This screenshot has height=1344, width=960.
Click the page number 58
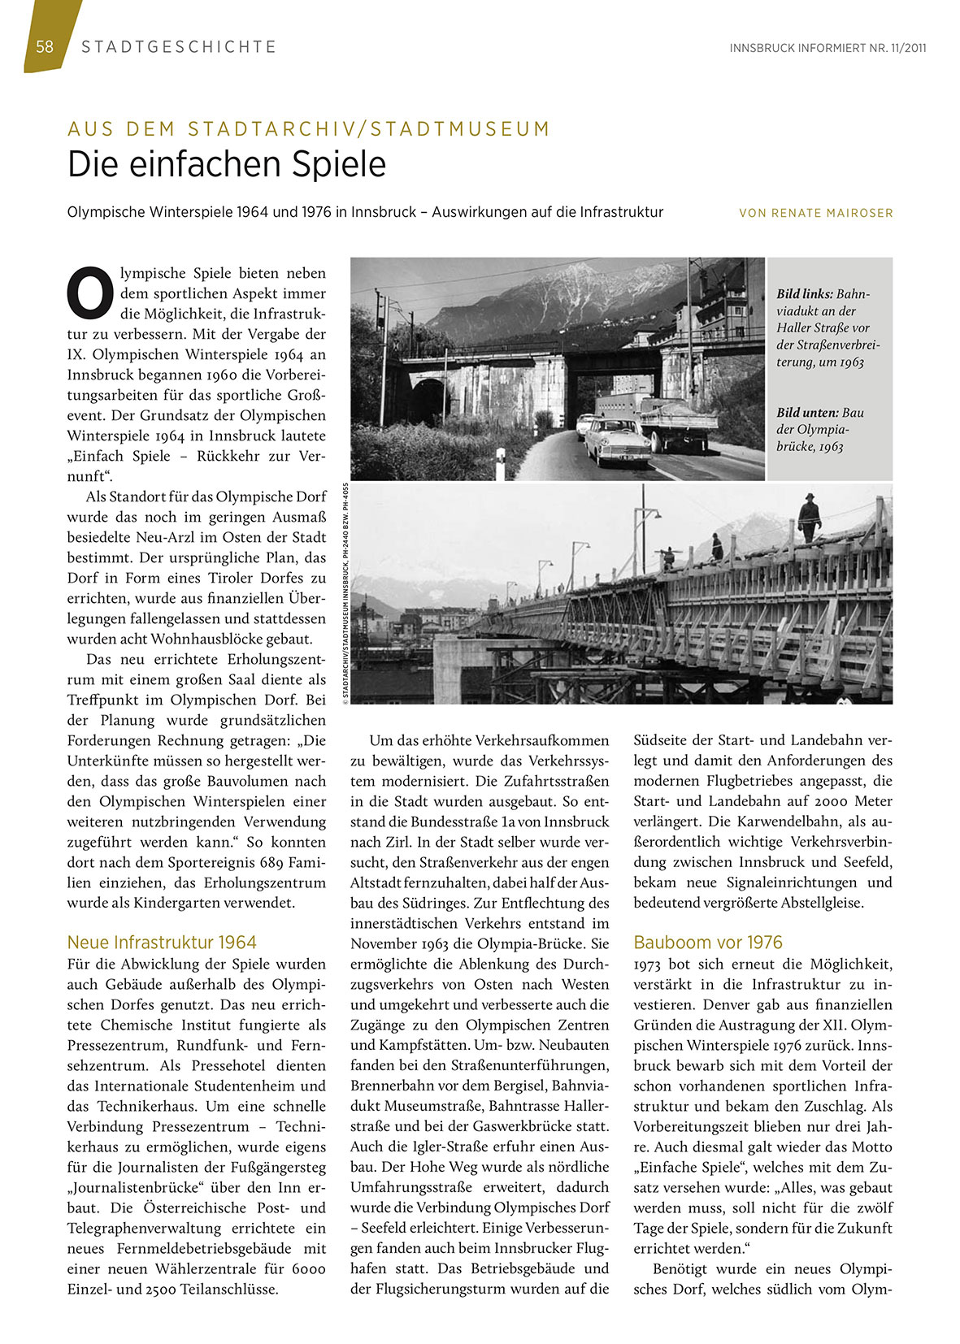tap(45, 47)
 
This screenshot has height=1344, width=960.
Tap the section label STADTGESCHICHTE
tap(179, 47)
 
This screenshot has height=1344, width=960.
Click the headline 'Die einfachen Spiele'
tap(227, 165)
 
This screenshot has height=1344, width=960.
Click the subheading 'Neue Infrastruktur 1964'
tap(162, 943)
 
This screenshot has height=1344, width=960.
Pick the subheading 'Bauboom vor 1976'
tap(707, 943)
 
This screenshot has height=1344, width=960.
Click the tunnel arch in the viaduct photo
tap(428, 398)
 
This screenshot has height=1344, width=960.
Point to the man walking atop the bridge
tap(809, 518)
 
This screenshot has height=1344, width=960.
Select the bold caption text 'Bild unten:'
tap(807, 413)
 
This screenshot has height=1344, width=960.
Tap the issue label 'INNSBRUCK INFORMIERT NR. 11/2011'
tap(828, 48)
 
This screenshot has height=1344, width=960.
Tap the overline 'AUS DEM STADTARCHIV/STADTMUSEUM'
tap(309, 128)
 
